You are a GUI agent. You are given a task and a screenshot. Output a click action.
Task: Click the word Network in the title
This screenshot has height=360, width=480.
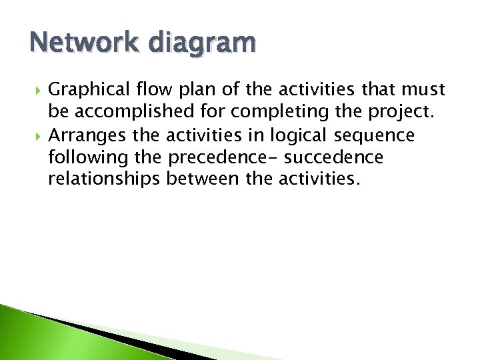(74, 43)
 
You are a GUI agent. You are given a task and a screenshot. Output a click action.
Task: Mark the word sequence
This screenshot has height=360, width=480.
(376, 136)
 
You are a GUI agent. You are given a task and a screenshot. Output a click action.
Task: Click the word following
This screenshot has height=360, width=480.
(88, 159)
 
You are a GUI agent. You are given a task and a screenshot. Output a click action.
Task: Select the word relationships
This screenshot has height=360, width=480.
(105, 180)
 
